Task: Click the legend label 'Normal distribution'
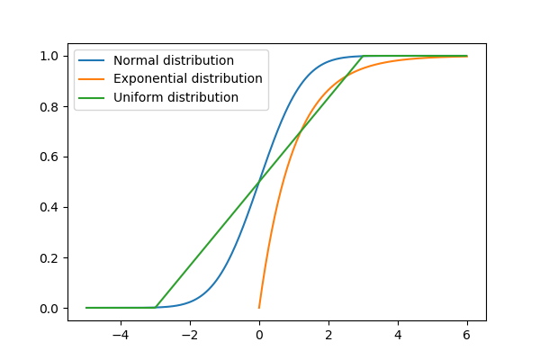tap(174, 60)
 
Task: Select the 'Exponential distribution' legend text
tap(188, 78)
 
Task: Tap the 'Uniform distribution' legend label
tap(175, 97)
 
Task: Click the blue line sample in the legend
tap(94, 60)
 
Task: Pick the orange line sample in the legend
tap(94, 78)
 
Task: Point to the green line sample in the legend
tap(94, 97)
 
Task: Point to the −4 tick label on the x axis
tap(121, 335)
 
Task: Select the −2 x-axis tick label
tap(190, 335)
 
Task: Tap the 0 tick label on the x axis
tap(259, 335)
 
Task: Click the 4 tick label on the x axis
tap(398, 335)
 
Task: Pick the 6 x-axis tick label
tap(467, 335)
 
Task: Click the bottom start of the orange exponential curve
tap(259, 308)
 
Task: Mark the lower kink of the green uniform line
tap(156, 308)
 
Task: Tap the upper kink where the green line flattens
tap(363, 56)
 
